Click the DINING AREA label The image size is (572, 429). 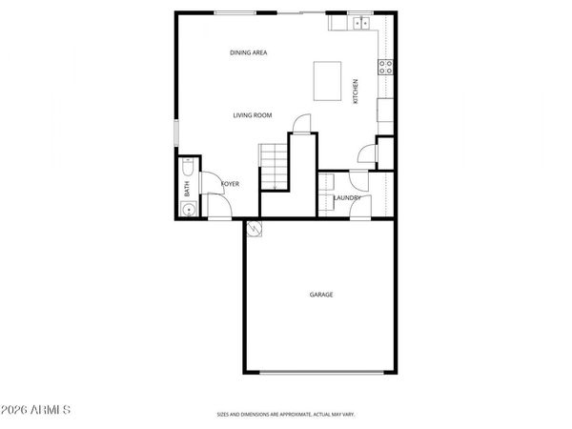point(248,52)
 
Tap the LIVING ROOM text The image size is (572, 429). point(253,115)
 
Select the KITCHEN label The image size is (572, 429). point(357,91)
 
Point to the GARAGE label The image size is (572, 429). point(320,295)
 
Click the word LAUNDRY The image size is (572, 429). point(347,198)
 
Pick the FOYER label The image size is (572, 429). point(230,183)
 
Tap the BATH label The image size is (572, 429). point(188,189)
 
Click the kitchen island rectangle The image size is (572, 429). point(328,80)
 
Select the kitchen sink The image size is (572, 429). point(361,23)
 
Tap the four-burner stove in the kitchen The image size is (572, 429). point(386,67)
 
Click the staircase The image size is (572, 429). point(274,166)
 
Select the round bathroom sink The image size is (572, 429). point(189,210)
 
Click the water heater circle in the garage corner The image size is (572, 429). point(255,229)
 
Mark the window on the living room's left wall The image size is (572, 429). point(175,133)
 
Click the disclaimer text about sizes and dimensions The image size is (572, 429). point(286,415)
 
